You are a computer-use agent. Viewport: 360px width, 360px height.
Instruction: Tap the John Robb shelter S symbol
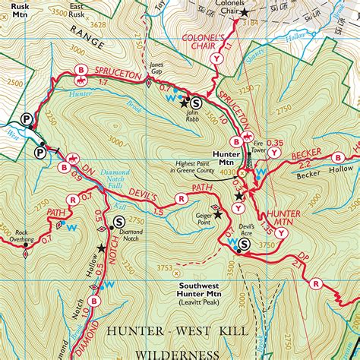point(196,102)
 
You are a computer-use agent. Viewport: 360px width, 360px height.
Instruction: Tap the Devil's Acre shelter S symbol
point(244,245)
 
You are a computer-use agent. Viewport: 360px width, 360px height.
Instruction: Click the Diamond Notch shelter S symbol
point(118,222)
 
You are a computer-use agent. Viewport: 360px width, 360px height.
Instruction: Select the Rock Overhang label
point(17,235)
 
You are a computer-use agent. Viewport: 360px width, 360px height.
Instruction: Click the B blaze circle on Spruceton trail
point(80,71)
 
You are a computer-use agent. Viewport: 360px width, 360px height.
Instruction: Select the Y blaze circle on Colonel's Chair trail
point(219,58)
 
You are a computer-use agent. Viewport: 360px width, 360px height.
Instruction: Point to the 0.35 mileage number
point(274,144)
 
